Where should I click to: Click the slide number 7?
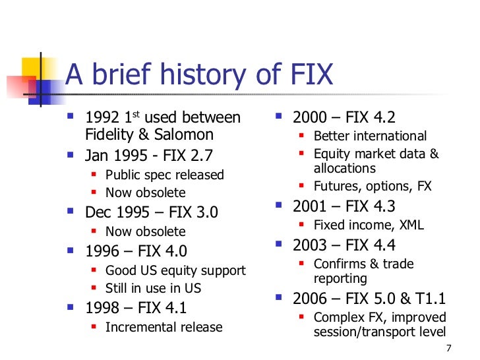(x=448, y=349)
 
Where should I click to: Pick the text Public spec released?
(x=165, y=175)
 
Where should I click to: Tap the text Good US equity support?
(x=175, y=270)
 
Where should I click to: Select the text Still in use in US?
(x=153, y=288)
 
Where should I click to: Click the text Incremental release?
(x=164, y=327)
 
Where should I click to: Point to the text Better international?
(x=370, y=136)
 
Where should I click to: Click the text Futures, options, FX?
(x=373, y=187)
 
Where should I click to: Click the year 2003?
(x=310, y=246)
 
